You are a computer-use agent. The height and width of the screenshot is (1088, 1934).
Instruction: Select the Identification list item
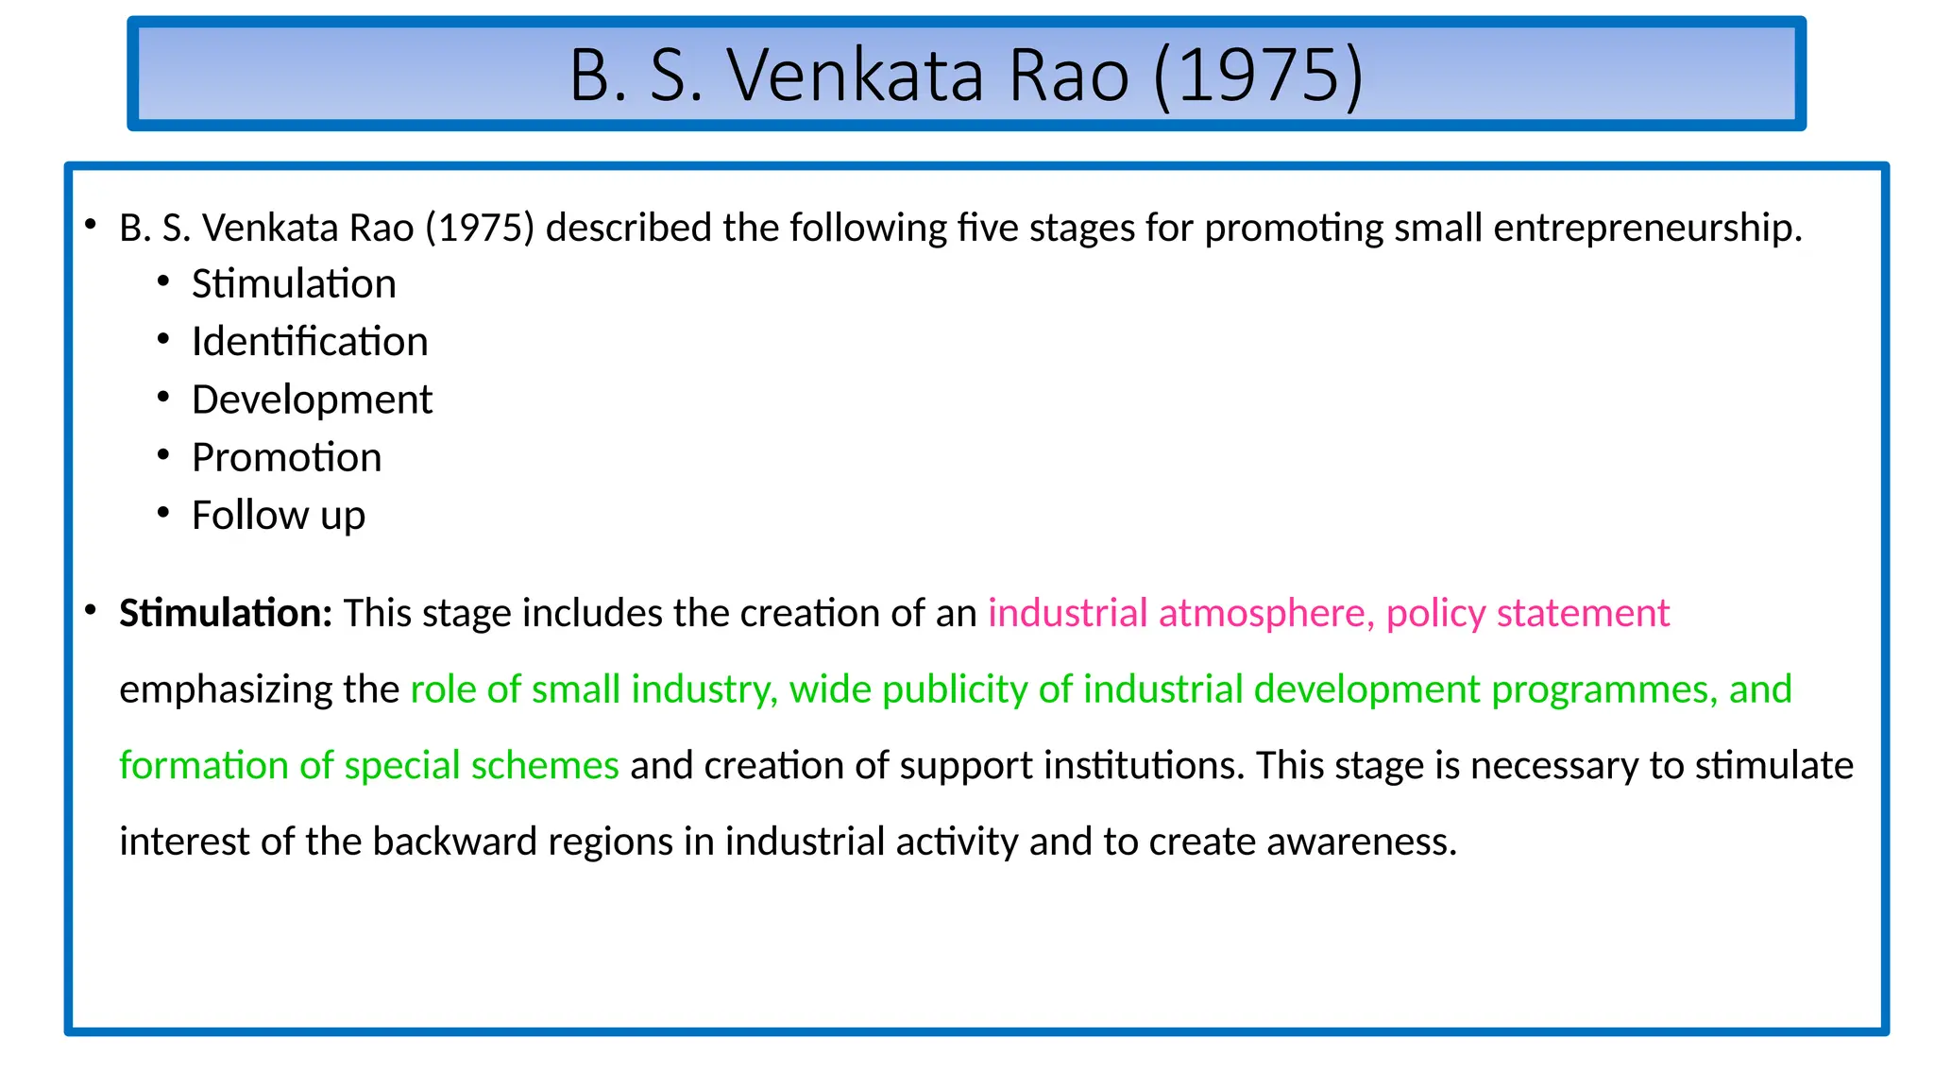coord(310,342)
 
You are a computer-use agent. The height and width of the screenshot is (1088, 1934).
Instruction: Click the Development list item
coord(312,399)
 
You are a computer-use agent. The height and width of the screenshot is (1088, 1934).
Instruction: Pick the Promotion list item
coord(286,458)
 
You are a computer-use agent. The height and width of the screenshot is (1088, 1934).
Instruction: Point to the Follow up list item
coord(278,516)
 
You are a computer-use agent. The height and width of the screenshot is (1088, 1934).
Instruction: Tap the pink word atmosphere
coord(1266,613)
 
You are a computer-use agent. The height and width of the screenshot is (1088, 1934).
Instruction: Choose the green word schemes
coord(545,765)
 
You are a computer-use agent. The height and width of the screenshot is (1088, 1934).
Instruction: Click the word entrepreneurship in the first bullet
coord(1648,229)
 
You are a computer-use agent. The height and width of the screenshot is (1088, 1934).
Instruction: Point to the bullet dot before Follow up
coord(163,513)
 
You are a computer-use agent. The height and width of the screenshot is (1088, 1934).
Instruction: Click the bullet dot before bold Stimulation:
coord(91,611)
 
